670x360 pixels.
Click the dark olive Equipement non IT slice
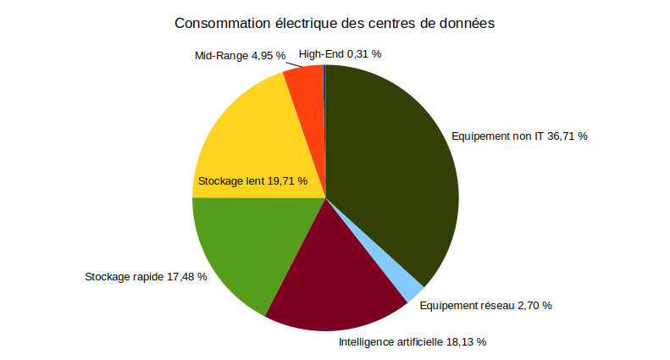(390, 169)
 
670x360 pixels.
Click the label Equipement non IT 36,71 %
(519, 136)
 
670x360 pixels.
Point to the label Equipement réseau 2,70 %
(485, 305)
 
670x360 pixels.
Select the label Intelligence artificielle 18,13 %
(413, 342)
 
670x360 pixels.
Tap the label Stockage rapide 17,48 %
(146, 277)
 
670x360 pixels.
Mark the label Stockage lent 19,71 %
(252, 181)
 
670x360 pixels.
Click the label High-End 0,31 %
(340, 53)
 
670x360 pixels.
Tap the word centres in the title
(390, 23)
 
